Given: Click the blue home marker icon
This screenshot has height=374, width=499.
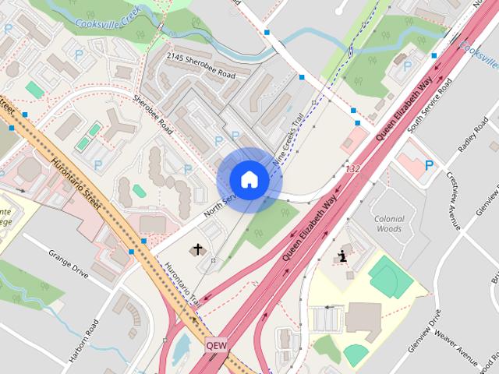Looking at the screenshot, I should click(x=249, y=179).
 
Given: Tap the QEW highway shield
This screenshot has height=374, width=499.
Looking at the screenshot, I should click(x=218, y=344).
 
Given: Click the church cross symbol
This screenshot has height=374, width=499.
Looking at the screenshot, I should click(x=198, y=250).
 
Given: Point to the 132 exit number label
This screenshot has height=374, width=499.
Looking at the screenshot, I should click(x=353, y=169).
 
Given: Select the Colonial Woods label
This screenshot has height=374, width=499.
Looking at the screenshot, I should click(x=388, y=224).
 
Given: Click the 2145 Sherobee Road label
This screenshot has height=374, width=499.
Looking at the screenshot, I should click(x=201, y=67).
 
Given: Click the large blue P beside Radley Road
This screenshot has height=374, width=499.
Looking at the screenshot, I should click(x=429, y=165).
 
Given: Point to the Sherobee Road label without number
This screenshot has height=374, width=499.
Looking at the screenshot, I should click(x=153, y=114).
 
